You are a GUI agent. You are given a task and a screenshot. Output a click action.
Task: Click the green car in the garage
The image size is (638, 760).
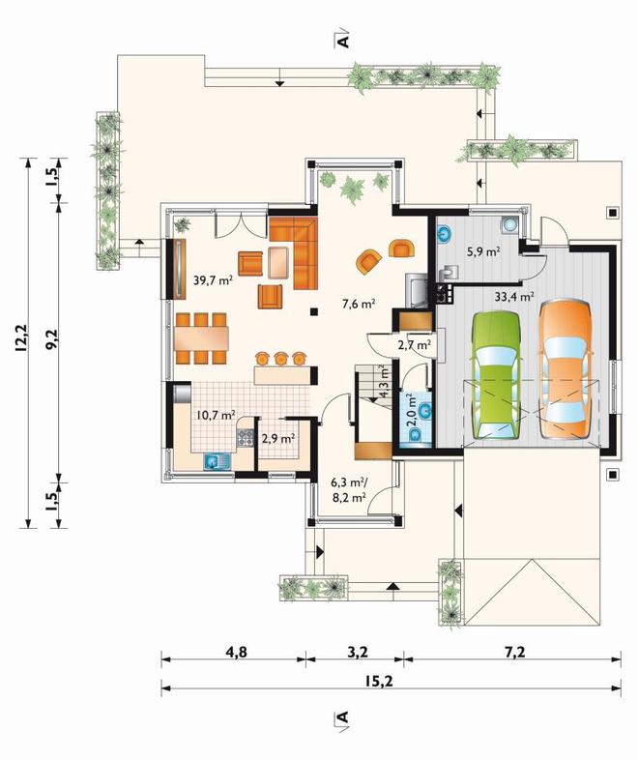(497, 375)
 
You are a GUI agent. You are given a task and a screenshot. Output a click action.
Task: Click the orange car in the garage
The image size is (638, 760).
(565, 369)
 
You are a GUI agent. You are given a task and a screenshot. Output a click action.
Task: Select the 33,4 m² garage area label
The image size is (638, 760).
(514, 296)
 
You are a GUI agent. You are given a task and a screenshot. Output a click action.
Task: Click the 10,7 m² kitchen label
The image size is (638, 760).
(217, 415)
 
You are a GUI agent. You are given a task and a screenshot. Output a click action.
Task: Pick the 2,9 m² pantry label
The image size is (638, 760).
(278, 438)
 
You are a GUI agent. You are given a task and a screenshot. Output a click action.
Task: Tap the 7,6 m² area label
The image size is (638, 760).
(359, 304)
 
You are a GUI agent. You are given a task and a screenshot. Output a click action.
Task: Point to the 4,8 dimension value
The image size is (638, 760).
(236, 652)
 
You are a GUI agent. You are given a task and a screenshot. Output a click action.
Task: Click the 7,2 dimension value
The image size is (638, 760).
(515, 652)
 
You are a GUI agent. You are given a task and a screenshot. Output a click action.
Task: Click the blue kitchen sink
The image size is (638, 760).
(217, 461)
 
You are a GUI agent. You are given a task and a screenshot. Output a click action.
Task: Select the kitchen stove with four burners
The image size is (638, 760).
(245, 438)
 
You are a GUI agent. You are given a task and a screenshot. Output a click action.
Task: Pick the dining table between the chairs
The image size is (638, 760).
(201, 338)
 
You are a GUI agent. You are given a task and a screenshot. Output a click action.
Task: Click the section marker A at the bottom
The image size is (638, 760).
(343, 716)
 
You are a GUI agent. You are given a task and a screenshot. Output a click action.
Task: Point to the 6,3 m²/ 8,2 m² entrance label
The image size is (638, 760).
(349, 489)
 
